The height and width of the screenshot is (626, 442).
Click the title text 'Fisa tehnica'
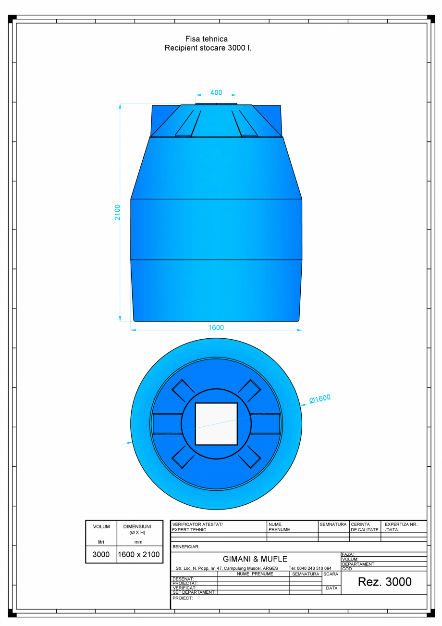pyautogui.click(x=206, y=39)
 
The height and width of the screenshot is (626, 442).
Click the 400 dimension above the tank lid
pyautogui.click(x=216, y=92)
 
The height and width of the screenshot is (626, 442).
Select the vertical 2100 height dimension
pyautogui.click(x=118, y=212)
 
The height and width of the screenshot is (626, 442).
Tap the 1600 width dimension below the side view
pyautogui.click(x=216, y=328)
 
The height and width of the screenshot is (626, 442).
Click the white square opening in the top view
pyautogui.click(x=216, y=424)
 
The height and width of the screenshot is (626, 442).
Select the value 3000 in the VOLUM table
pyautogui.click(x=101, y=554)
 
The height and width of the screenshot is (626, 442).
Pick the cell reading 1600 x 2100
pyautogui.click(x=138, y=554)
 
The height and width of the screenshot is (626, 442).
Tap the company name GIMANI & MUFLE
pyautogui.click(x=255, y=559)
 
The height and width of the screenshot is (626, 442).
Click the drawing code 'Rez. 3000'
pyautogui.click(x=384, y=582)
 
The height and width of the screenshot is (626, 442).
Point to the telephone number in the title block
pyautogui.click(x=310, y=568)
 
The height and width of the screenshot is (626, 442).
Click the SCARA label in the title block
pyautogui.click(x=331, y=574)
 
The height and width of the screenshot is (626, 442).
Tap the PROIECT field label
pyautogui.click(x=183, y=598)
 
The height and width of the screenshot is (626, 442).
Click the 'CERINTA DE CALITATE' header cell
pyautogui.click(x=364, y=527)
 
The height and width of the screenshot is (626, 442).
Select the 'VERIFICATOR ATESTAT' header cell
pyautogui.click(x=197, y=527)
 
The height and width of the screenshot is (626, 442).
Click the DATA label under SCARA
pyautogui.click(x=331, y=588)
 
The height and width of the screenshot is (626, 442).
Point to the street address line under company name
pyautogui.click(x=227, y=568)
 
